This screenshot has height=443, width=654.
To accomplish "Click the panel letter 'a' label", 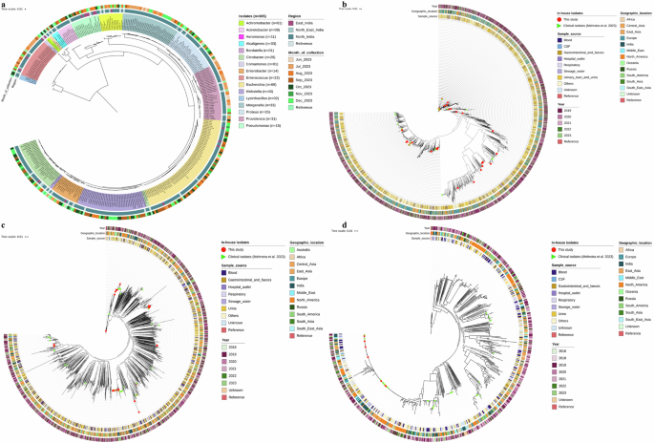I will [5, 6].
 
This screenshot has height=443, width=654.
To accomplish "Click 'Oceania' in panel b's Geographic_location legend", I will [635, 80].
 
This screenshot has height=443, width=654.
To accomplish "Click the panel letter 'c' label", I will [5, 225].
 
